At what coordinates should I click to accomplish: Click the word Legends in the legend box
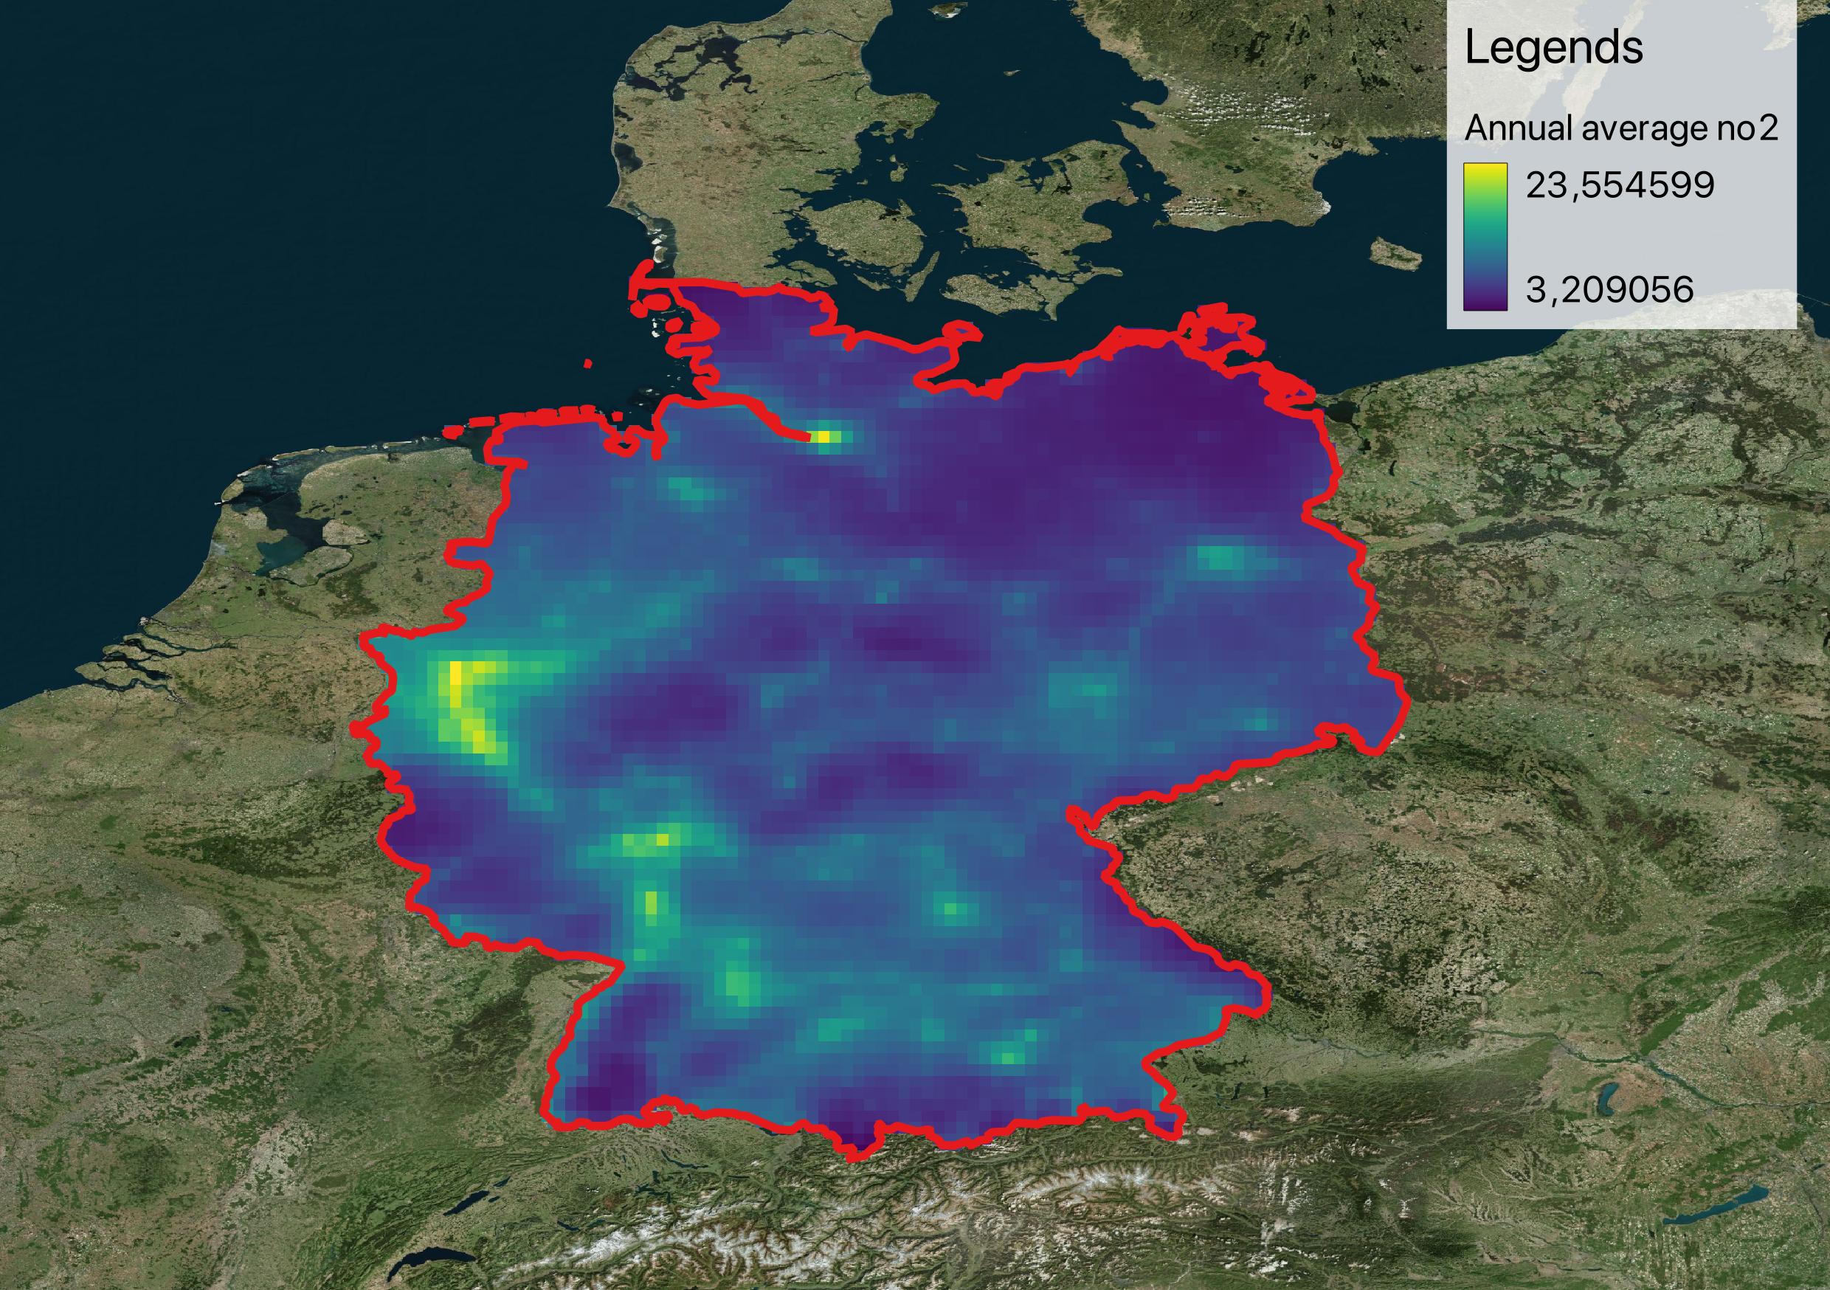(x=1553, y=49)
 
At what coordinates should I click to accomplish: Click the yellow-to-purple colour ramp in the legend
(x=1485, y=236)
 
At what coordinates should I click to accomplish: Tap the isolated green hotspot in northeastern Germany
(x=1220, y=556)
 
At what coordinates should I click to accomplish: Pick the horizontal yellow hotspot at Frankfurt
(x=647, y=841)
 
